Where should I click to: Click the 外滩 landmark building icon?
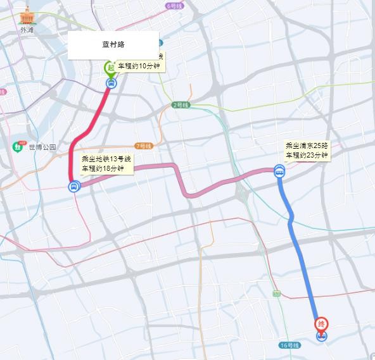click(x=27, y=15)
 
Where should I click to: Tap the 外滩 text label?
click(x=27, y=29)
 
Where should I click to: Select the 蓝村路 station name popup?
click(x=113, y=46)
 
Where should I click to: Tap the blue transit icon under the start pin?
click(x=111, y=82)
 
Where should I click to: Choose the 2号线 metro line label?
click(x=181, y=105)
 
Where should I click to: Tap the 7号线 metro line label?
click(x=143, y=146)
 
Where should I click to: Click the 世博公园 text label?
click(x=42, y=147)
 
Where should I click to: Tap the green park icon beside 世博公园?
click(x=17, y=147)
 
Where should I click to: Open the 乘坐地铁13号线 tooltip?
click(x=106, y=164)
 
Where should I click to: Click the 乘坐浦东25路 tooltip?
click(x=307, y=150)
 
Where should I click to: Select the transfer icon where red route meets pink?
click(x=74, y=186)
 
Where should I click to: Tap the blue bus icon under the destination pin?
click(x=322, y=336)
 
